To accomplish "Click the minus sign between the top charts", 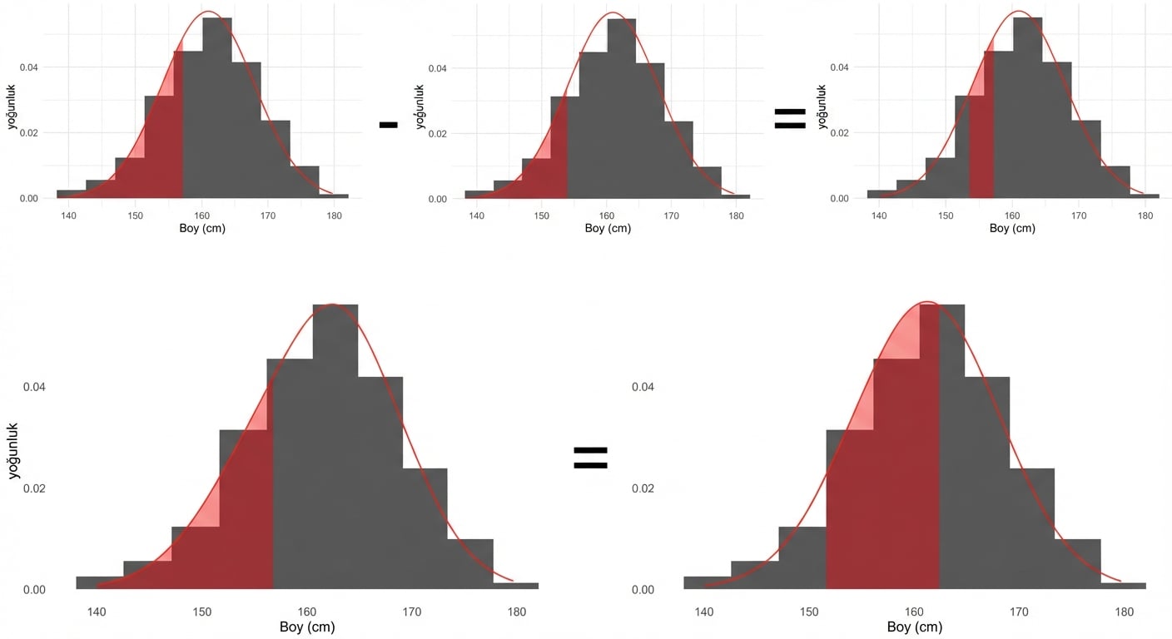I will pos(388,125).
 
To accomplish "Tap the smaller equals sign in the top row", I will pos(790,119).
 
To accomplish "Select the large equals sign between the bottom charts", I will pos(590,457).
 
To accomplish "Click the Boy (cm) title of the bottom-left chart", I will pos(307,627).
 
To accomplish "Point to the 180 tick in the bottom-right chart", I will pos(1124,612).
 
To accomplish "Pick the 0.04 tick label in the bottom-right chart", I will pos(643,387).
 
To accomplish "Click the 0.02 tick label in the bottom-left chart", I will pos(34,488).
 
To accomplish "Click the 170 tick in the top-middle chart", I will pos(671,216).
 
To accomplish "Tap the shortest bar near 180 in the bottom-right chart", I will pos(1123,586).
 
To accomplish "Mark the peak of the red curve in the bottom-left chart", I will pos(332,305).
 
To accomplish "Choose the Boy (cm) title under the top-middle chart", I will pos(608,229).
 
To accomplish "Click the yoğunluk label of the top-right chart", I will pos(822,106).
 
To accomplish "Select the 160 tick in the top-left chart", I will pos(202,216).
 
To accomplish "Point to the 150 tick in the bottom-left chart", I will pos(202,612).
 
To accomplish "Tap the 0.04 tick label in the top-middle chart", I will pos(439,67).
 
